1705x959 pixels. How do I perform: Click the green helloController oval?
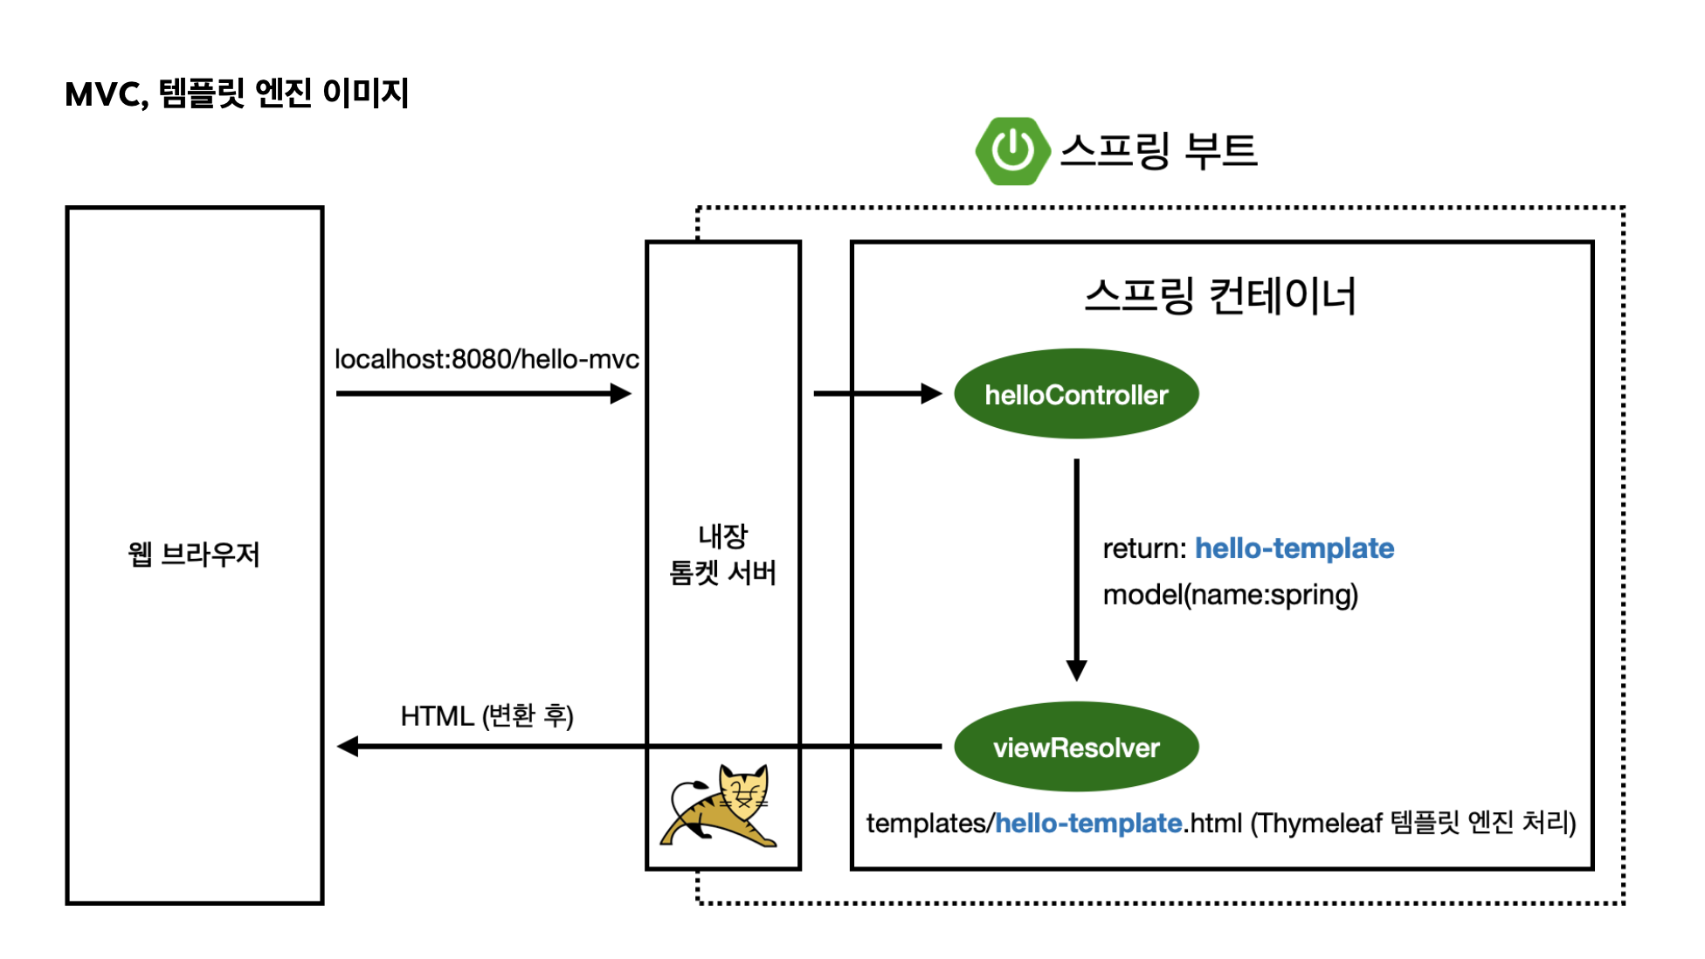click(x=1075, y=394)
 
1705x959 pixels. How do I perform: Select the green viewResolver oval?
click(x=1075, y=747)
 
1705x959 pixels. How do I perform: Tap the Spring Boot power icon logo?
click(x=1011, y=151)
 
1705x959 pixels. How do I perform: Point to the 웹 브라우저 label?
click(x=194, y=554)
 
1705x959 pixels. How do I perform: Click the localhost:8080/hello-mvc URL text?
click(x=487, y=359)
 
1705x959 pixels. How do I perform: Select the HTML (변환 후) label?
click(x=487, y=715)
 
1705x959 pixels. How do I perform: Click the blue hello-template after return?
click(x=1294, y=548)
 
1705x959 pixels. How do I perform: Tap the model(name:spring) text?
click(x=1230, y=595)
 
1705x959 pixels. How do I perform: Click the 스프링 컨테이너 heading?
click(x=1219, y=295)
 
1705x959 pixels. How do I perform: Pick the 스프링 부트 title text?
click(x=1158, y=151)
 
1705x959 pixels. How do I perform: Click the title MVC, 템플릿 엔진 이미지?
click(x=237, y=93)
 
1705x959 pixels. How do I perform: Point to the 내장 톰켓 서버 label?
click(x=722, y=554)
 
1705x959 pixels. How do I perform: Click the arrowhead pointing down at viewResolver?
click(x=1076, y=671)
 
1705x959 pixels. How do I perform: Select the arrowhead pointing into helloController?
click(x=931, y=394)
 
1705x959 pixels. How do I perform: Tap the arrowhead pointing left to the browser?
click(x=348, y=747)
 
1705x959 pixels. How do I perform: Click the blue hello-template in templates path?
click(x=1088, y=823)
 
